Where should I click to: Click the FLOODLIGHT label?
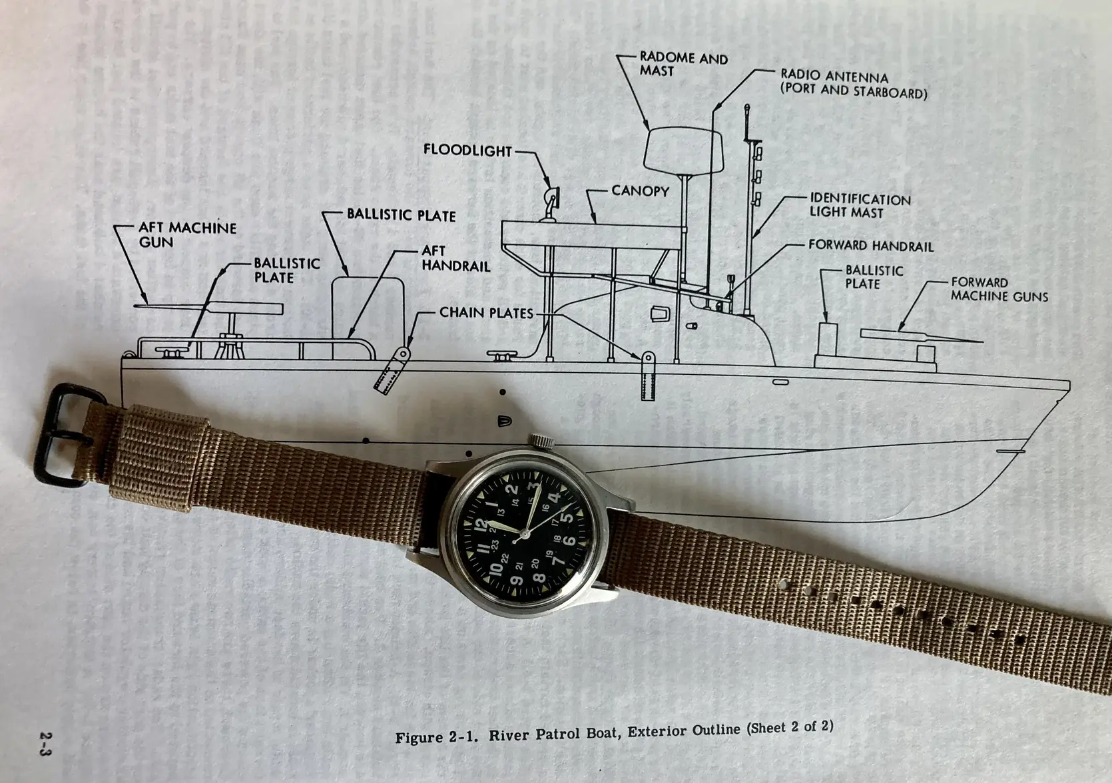pyautogui.click(x=467, y=150)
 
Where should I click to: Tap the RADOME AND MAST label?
pyautogui.click(x=684, y=65)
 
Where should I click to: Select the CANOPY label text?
pyautogui.click(x=640, y=191)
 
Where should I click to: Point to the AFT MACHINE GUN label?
pyautogui.click(x=188, y=235)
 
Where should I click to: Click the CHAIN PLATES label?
pyautogui.click(x=486, y=313)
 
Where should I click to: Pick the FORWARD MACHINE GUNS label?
pyautogui.click(x=999, y=290)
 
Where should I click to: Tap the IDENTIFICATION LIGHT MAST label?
pyautogui.click(x=860, y=206)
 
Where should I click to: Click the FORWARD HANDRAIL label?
pyautogui.click(x=871, y=246)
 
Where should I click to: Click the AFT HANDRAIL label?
pyautogui.click(x=455, y=258)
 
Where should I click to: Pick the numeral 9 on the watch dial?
pyautogui.click(x=516, y=580)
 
